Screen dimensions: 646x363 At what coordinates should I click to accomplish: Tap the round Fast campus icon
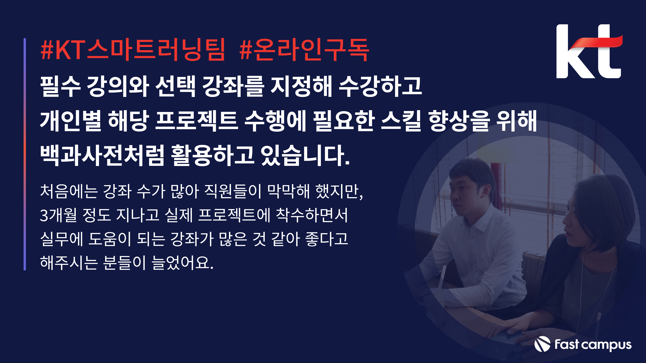[x=542, y=344]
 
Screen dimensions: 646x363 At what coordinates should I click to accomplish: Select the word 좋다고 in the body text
[x=327, y=239]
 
